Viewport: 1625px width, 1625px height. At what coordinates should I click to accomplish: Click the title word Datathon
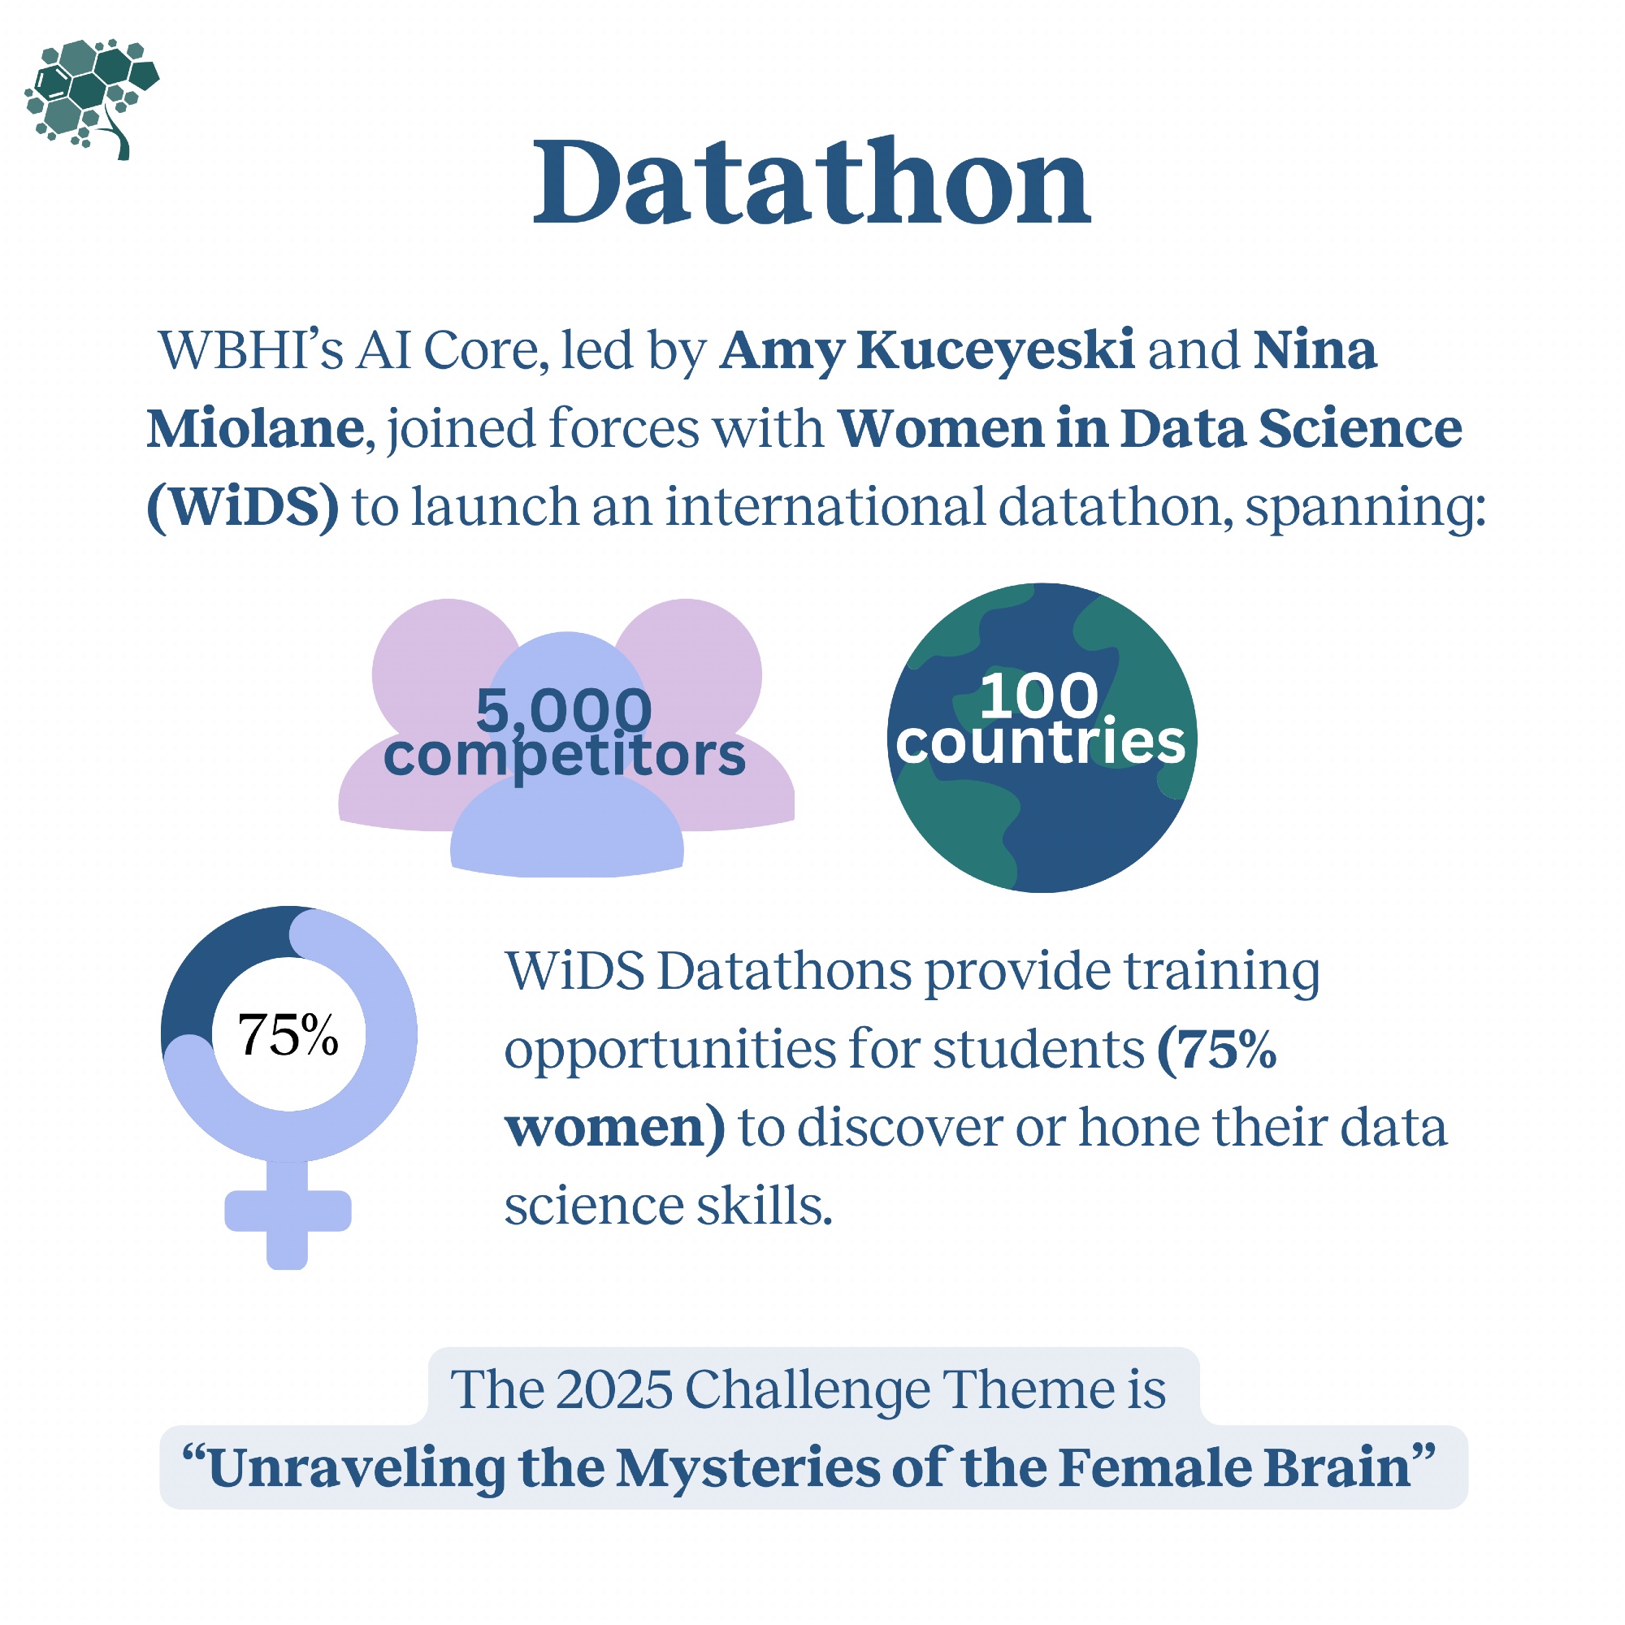point(812,183)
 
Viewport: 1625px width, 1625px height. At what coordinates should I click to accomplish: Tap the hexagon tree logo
point(92,99)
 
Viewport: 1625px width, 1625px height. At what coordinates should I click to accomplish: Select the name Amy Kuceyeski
point(927,352)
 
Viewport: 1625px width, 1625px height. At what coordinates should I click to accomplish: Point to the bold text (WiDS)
point(243,507)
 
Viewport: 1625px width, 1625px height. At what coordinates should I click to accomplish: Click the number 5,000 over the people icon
point(564,711)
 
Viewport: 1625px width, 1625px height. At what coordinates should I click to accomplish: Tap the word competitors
point(565,756)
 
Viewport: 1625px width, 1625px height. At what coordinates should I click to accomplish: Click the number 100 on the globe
point(1040,695)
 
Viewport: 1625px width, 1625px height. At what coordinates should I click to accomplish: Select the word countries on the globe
point(1041,742)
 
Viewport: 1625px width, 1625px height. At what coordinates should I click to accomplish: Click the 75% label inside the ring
point(288,1034)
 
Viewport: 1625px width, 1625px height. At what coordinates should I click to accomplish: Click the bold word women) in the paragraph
point(615,1128)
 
